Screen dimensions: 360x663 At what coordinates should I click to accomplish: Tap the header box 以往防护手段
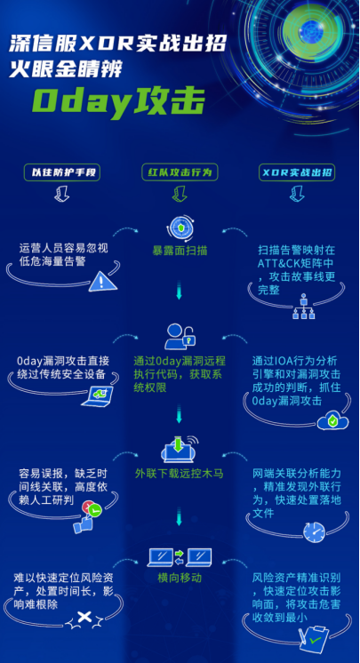62,172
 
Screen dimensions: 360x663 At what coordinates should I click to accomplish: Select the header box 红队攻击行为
180,172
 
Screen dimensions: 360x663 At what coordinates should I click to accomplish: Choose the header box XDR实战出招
298,172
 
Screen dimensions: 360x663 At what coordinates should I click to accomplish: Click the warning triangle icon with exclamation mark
103,281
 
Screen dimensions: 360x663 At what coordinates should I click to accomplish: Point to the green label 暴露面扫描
180,251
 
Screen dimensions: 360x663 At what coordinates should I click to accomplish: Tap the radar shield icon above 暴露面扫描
180,228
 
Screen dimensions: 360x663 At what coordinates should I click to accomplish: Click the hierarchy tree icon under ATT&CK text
304,306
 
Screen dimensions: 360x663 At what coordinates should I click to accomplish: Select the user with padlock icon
180,337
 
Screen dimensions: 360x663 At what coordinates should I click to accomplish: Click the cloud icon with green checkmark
333,421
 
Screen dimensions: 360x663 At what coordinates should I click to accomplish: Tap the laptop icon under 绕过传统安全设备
98,396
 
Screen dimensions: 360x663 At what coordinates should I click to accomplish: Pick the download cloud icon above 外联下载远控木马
180,449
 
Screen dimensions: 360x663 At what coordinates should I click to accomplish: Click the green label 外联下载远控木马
179,473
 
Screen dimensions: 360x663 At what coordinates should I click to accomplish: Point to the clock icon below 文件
314,531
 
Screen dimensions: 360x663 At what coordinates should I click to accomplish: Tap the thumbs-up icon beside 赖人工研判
87,518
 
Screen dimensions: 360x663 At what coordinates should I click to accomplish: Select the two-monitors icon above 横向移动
180,558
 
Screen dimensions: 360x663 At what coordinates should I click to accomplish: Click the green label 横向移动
180,578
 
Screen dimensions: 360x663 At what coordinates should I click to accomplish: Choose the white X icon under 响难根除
84,618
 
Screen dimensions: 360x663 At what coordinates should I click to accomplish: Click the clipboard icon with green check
314,639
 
